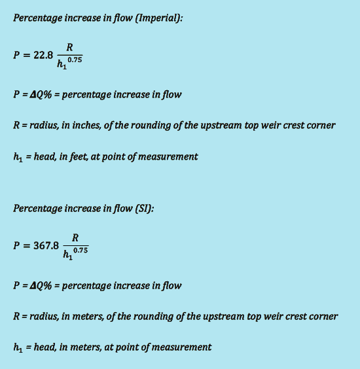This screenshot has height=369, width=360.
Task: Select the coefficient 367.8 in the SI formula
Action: [x=46, y=246]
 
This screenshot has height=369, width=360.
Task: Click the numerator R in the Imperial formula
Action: [x=69, y=47]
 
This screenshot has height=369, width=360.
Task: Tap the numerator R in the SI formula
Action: [x=75, y=238]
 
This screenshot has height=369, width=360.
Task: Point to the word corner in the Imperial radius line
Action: [x=320, y=125]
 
